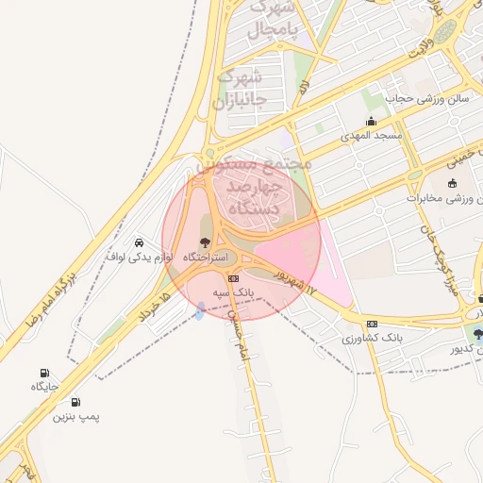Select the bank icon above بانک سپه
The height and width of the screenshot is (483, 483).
point(234,278)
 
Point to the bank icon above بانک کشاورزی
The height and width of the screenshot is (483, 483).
point(372,323)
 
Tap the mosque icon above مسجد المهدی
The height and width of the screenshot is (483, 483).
point(371,121)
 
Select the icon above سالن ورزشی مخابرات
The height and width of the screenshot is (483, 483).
point(452,183)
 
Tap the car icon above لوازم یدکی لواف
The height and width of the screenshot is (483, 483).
point(140,241)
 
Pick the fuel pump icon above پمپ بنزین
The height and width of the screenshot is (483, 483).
point(75,401)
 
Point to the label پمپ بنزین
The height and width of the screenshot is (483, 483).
point(75,416)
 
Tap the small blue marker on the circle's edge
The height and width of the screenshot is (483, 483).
point(199,308)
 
